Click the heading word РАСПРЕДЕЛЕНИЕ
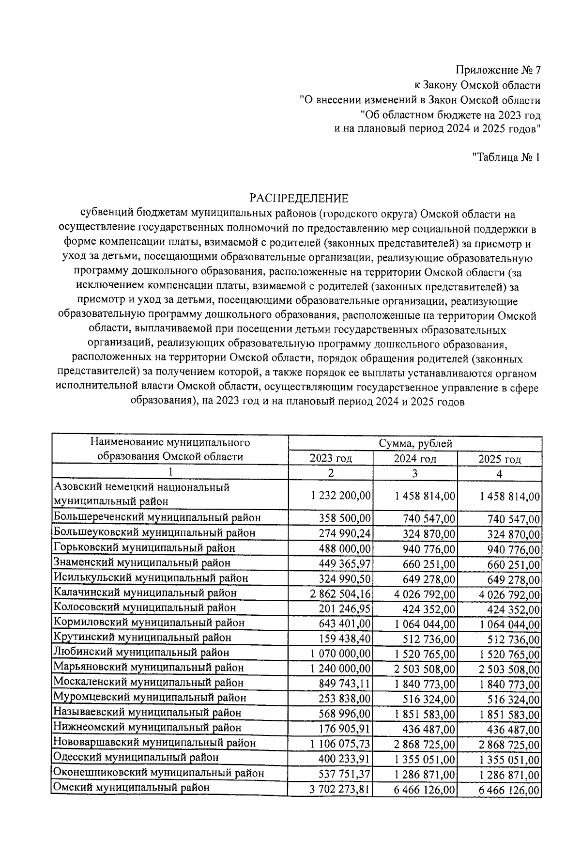point(299,198)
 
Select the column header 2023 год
point(331,458)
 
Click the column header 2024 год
point(415,458)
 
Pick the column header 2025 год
point(500,459)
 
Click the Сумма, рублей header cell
point(415,443)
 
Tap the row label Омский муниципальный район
point(132,788)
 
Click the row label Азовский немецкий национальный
point(142,487)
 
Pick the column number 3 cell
point(415,473)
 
